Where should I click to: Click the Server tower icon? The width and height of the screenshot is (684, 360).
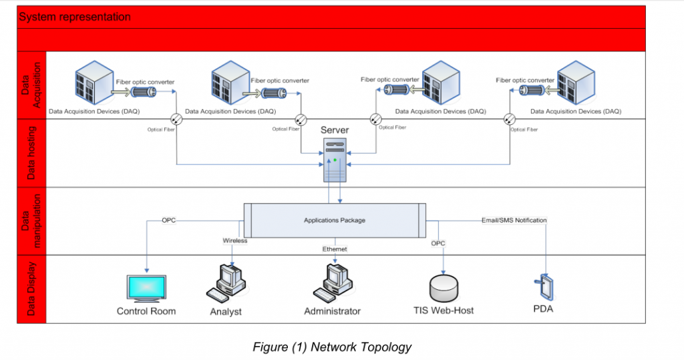tap(335, 159)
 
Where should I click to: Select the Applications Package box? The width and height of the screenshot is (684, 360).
tap(335, 220)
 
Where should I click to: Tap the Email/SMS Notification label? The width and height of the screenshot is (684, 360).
tap(514, 220)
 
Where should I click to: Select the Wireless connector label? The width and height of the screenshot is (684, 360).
tap(234, 240)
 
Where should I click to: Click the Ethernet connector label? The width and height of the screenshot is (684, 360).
tap(335, 248)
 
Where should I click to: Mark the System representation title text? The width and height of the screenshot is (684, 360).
tap(75, 17)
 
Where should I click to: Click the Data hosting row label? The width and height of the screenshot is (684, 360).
tap(31, 153)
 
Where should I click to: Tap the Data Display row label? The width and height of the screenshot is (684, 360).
tap(31, 289)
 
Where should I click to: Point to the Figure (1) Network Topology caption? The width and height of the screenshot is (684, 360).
tap(332, 347)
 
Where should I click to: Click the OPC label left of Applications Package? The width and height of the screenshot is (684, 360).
tap(170, 220)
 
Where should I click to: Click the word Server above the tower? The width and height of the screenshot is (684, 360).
tap(335, 130)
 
